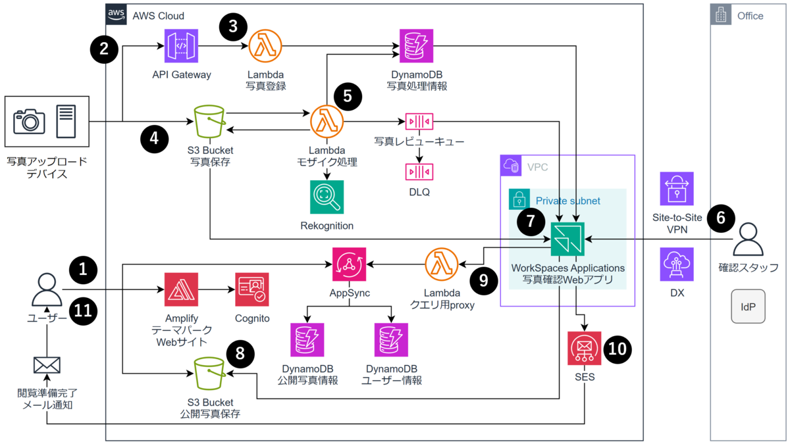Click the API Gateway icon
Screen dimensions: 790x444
[181, 46]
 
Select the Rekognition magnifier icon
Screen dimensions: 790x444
[327, 197]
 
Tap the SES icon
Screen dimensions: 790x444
[585, 348]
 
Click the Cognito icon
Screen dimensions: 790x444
[251, 289]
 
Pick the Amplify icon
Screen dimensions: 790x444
[181, 289]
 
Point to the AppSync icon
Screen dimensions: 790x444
[349, 264]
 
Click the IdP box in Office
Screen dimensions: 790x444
[748, 307]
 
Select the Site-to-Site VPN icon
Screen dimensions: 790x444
[677, 189]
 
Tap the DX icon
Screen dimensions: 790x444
[677, 264]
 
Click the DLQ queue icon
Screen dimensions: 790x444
[419, 172]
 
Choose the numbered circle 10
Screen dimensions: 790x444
[618, 349]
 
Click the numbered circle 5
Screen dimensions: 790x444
[348, 96]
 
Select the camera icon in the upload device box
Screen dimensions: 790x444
[29, 122]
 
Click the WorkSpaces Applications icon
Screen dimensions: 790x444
[567, 239]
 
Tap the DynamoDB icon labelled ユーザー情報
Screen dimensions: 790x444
[391, 339]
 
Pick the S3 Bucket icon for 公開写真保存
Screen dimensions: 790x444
[210, 374]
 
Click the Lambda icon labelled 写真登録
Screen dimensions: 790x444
[265, 46]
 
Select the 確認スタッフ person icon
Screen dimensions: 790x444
[748, 239]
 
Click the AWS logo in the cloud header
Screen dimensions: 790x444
[116, 14]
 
